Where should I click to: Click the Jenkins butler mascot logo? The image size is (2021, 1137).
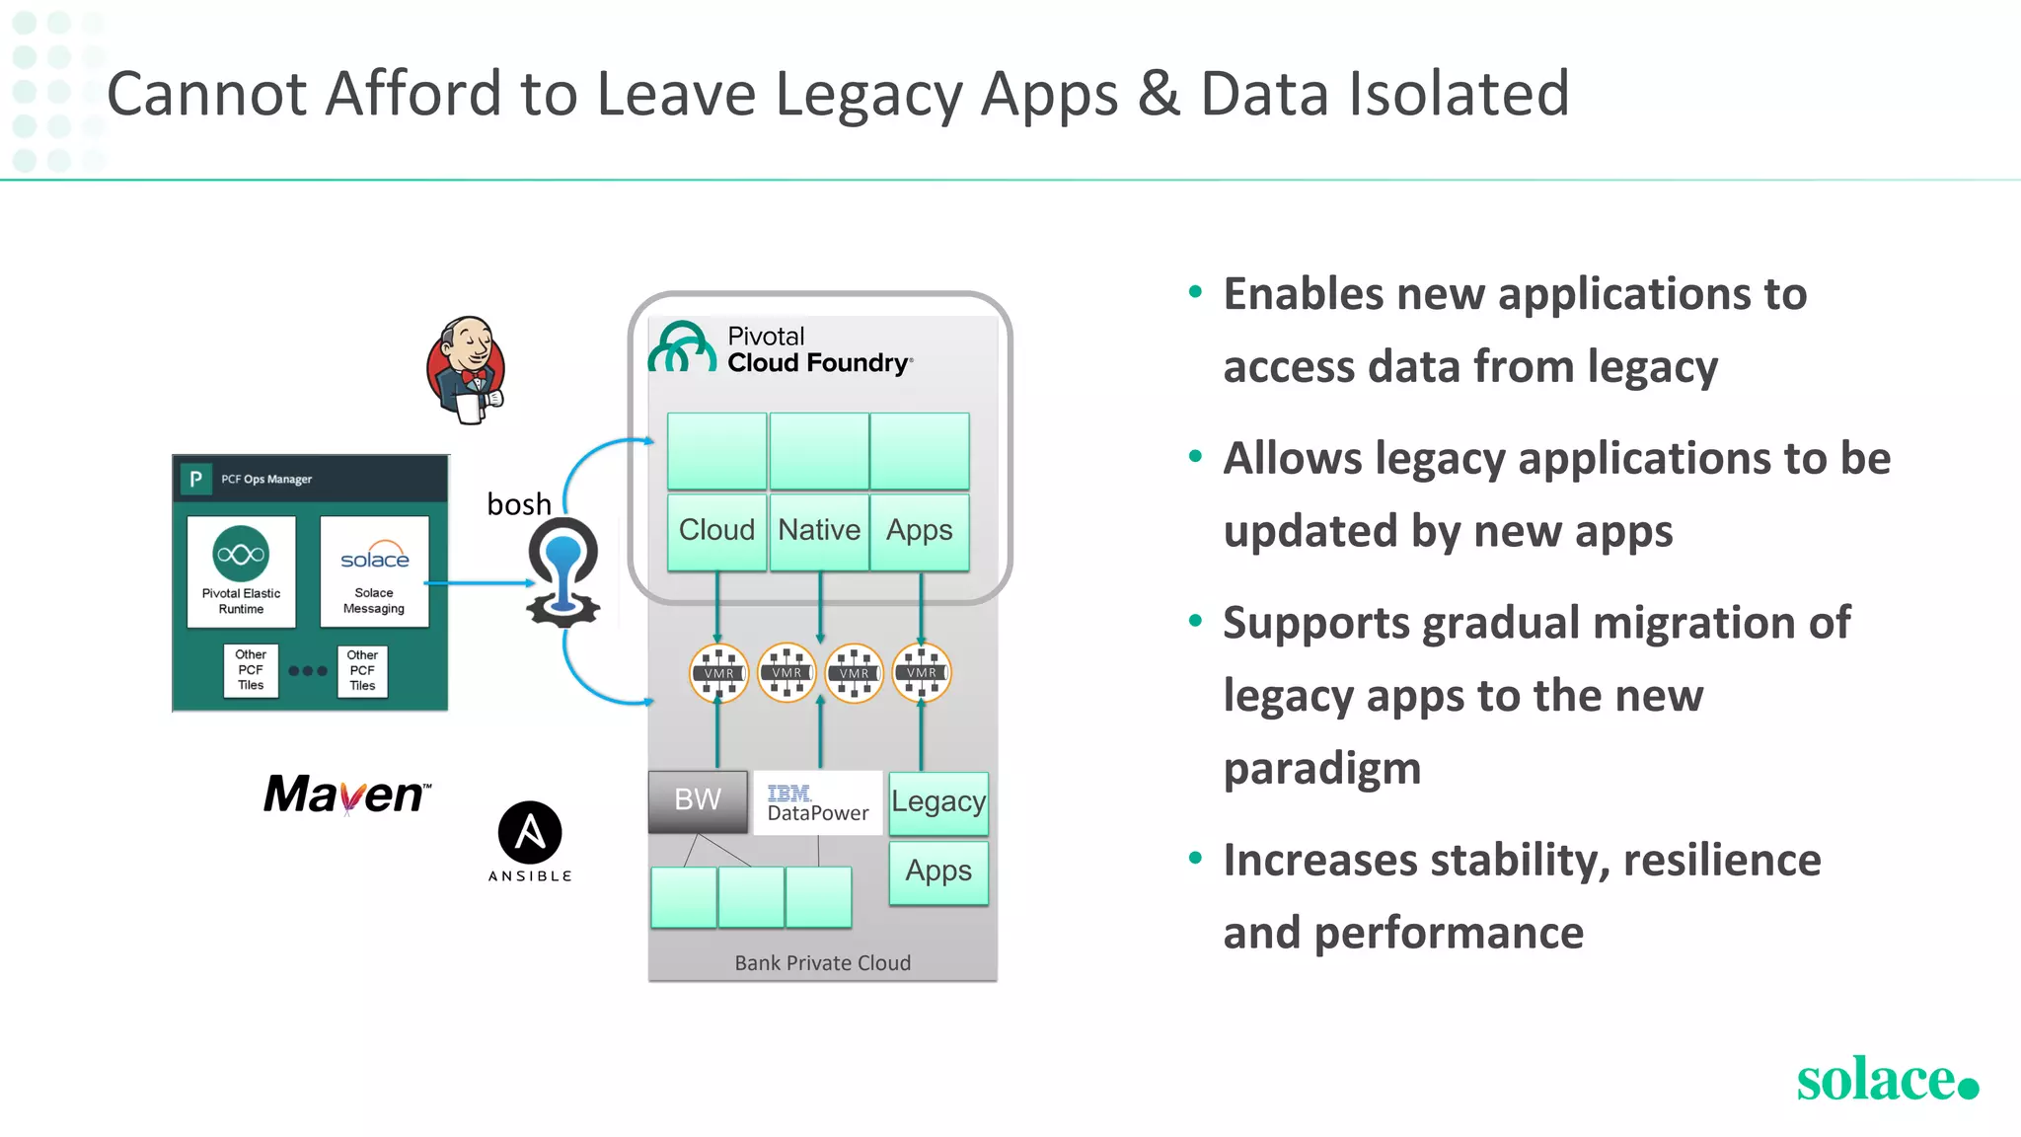(x=467, y=370)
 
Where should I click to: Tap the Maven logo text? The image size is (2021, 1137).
(x=345, y=795)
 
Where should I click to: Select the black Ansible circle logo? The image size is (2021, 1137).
(x=530, y=832)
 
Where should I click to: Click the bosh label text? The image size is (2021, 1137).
(x=519, y=504)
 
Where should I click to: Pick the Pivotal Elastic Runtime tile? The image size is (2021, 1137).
(x=241, y=571)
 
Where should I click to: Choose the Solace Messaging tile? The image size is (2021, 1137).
(x=374, y=571)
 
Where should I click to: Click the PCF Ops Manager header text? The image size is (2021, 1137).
(x=266, y=480)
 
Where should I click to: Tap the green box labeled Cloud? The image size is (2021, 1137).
(x=716, y=531)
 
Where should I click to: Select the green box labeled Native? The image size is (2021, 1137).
(x=819, y=531)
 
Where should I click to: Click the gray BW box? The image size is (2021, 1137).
(x=698, y=799)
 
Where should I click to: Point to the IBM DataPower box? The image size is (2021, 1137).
(x=817, y=803)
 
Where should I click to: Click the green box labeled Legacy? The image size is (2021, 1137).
(x=938, y=802)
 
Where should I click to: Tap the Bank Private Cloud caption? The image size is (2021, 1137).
(x=822, y=963)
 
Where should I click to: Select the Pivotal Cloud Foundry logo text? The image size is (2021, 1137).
(x=818, y=350)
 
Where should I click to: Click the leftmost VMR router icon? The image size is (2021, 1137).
(x=718, y=673)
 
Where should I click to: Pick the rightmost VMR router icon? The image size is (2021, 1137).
(x=922, y=673)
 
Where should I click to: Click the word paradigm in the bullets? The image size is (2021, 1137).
(x=1322, y=768)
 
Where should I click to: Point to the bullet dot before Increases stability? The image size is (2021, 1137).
(x=1195, y=858)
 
